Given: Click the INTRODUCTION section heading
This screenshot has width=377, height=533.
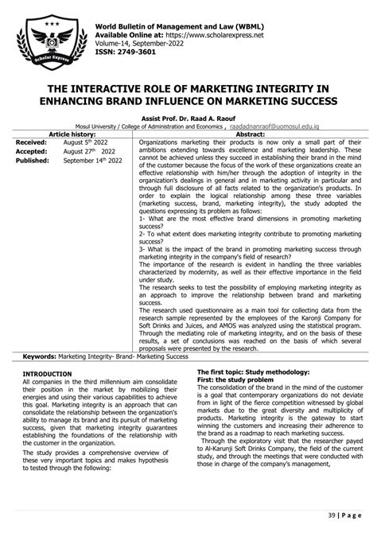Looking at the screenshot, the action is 47,373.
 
